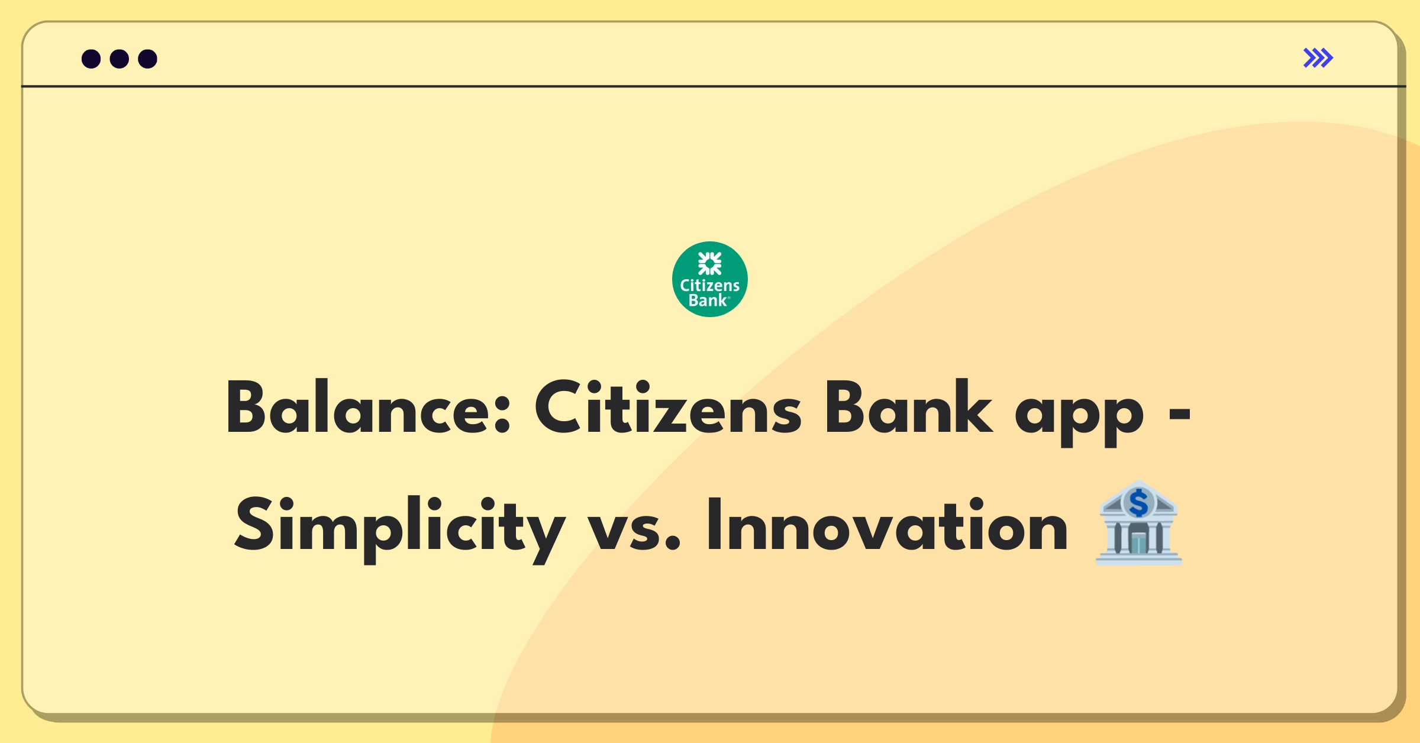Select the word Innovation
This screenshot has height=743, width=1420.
coord(887,526)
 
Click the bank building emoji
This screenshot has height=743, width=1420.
coord(1138,523)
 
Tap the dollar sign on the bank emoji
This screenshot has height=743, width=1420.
coord(1138,503)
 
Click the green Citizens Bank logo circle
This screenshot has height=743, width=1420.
coord(709,279)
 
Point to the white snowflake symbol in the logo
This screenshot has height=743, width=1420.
coord(709,263)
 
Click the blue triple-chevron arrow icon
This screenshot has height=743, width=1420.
coord(1318,58)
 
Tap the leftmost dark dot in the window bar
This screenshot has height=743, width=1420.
coord(91,59)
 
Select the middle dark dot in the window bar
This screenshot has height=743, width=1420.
coord(120,59)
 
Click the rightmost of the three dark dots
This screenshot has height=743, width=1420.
coord(147,59)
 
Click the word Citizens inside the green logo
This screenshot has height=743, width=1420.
coord(709,286)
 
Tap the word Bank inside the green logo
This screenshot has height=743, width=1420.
coord(708,301)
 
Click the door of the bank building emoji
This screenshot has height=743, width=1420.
coord(1138,542)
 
